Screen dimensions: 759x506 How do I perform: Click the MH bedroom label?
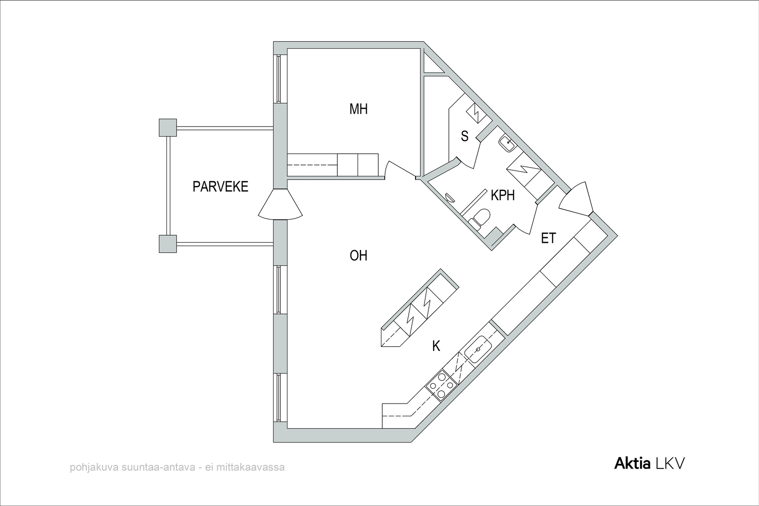click(x=359, y=109)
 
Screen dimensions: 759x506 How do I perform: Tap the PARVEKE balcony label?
click(x=221, y=187)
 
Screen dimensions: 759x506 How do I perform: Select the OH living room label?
click(x=359, y=256)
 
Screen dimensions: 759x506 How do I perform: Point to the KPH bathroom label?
click(x=503, y=195)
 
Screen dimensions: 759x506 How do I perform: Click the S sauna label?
click(x=464, y=136)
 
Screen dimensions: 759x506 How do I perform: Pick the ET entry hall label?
click(x=548, y=238)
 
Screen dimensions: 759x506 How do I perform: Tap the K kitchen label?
click(x=436, y=346)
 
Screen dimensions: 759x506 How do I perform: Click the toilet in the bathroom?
click(x=479, y=219)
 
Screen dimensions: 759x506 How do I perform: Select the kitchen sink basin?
click(x=478, y=349)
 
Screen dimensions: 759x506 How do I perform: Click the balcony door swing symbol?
click(x=280, y=204)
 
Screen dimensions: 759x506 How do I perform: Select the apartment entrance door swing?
click(x=576, y=199)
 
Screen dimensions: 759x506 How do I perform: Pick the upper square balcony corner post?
click(x=168, y=128)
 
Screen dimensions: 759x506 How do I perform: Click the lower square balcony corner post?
click(x=168, y=244)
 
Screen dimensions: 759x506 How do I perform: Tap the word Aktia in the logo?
click(x=632, y=464)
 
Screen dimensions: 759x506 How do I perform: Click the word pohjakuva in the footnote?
click(x=89, y=468)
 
